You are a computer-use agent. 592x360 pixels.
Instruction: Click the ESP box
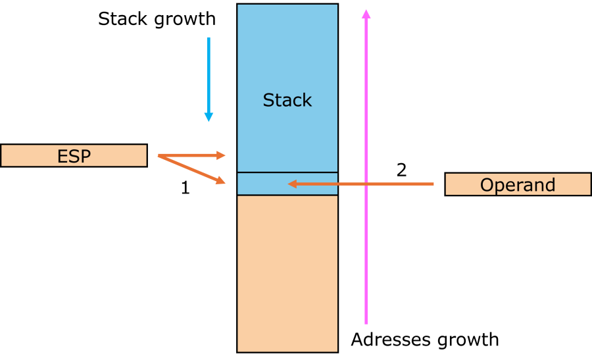[x=74, y=155]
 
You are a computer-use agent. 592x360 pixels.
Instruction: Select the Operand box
[x=518, y=184]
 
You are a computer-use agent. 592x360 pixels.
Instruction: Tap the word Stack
[x=287, y=100]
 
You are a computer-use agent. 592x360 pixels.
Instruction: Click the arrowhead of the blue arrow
[x=209, y=117]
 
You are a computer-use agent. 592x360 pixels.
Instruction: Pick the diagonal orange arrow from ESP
[x=191, y=169]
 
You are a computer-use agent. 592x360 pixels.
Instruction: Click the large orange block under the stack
[x=287, y=273]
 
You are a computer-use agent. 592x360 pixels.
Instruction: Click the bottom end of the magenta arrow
[x=366, y=322]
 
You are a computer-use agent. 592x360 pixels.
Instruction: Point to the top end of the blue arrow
[x=209, y=38]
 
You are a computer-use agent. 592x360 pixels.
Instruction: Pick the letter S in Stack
[x=268, y=100]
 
